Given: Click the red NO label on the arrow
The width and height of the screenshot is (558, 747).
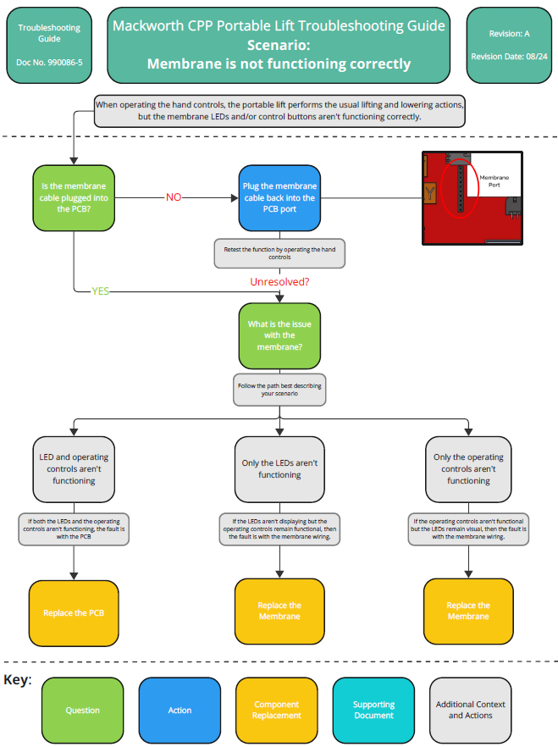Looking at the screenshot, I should click(174, 197).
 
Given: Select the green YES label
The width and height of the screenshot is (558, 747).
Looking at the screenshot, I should click(101, 291).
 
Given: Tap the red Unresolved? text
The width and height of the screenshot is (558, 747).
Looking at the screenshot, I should click(279, 281).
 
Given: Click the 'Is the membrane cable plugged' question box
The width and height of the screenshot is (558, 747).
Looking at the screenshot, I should click(75, 197).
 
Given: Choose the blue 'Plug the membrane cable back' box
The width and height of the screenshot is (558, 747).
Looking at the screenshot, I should click(279, 197).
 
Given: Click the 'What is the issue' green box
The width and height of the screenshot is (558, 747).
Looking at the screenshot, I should click(279, 335).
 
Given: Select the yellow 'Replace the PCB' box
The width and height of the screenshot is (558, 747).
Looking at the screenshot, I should click(75, 612).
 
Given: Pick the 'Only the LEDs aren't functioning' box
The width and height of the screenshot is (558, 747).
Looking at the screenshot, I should click(279, 469).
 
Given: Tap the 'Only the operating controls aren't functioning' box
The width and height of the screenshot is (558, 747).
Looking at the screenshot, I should click(468, 469).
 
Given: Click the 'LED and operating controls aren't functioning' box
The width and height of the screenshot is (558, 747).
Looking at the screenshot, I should click(75, 469).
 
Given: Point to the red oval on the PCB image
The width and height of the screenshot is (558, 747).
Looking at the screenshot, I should click(461, 187).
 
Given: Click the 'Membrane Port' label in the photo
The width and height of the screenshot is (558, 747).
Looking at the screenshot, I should click(494, 181).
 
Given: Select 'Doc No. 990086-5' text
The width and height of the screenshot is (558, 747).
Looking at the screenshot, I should click(49, 63).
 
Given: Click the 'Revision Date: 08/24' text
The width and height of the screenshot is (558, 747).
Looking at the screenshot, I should click(509, 57).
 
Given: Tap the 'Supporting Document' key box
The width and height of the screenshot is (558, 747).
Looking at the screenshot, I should click(373, 710).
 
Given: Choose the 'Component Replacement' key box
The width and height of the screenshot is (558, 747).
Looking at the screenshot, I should click(276, 710).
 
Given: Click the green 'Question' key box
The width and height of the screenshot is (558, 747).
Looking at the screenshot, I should click(83, 710).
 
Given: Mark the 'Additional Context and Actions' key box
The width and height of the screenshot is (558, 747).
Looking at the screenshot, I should click(470, 710).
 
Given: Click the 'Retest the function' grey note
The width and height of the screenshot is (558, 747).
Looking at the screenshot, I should click(279, 253).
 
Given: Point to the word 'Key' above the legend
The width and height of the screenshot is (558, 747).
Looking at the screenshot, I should click(17, 679).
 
